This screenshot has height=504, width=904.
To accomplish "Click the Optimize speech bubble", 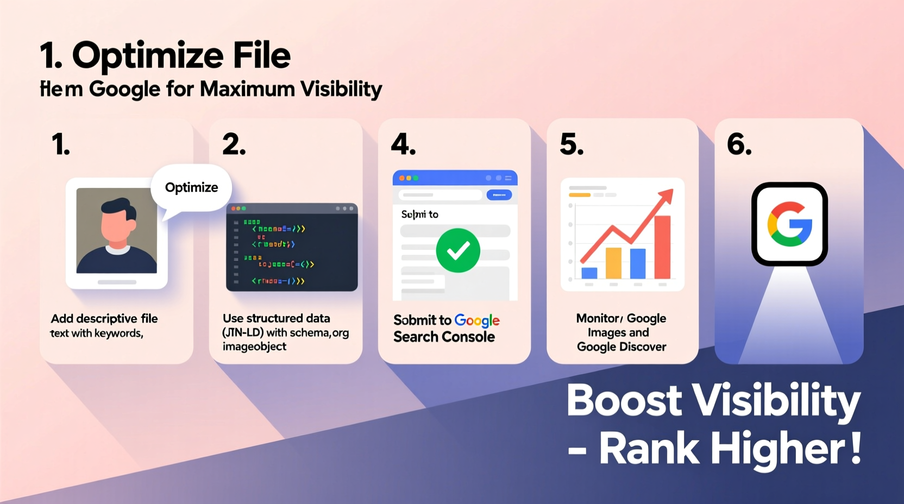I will [x=191, y=188].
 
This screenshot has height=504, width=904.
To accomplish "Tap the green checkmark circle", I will [x=458, y=250].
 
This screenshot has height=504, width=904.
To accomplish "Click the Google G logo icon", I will [x=789, y=224].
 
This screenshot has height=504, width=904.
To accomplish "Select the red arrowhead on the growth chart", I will [x=667, y=196].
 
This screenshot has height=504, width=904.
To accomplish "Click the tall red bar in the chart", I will [x=662, y=247].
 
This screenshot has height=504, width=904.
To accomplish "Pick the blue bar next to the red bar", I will [x=638, y=263].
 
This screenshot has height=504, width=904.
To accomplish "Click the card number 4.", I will [x=403, y=144].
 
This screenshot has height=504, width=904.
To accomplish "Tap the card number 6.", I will [x=739, y=144].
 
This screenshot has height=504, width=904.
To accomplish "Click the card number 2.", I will [x=234, y=144].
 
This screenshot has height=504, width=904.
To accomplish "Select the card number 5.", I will [x=572, y=144].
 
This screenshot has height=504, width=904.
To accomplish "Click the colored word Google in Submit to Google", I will [x=477, y=320].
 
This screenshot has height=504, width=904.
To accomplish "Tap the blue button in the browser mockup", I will [x=499, y=194].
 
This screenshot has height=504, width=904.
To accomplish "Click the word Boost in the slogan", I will [x=624, y=401].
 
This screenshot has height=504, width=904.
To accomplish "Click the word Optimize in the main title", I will [x=148, y=56].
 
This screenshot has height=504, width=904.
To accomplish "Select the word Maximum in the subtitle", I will [x=247, y=89].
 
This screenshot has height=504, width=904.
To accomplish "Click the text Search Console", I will [x=444, y=337].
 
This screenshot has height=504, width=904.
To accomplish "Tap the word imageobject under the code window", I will [x=254, y=347].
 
